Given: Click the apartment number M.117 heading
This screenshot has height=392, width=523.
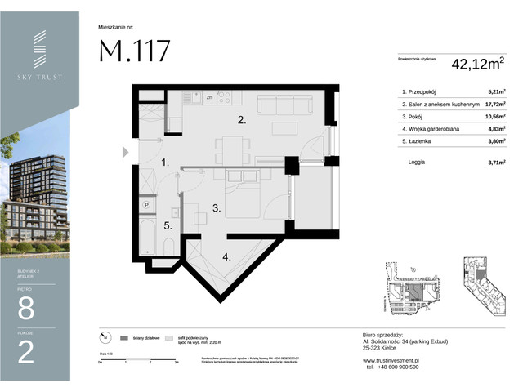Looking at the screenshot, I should [135, 51].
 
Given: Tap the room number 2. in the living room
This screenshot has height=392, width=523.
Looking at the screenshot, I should [242, 120].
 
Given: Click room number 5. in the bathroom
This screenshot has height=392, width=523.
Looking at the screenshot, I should [167, 225].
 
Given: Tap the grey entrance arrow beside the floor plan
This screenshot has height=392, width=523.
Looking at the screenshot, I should [125, 151].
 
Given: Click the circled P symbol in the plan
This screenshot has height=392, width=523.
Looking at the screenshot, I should [146, 206].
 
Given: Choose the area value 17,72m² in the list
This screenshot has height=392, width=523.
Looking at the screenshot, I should [490, 105].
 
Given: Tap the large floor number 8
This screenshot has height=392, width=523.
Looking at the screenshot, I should [25, 310].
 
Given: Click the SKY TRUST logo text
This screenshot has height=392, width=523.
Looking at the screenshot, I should [39, 77].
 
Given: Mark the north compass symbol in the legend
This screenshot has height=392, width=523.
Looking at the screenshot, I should [103, 337].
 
